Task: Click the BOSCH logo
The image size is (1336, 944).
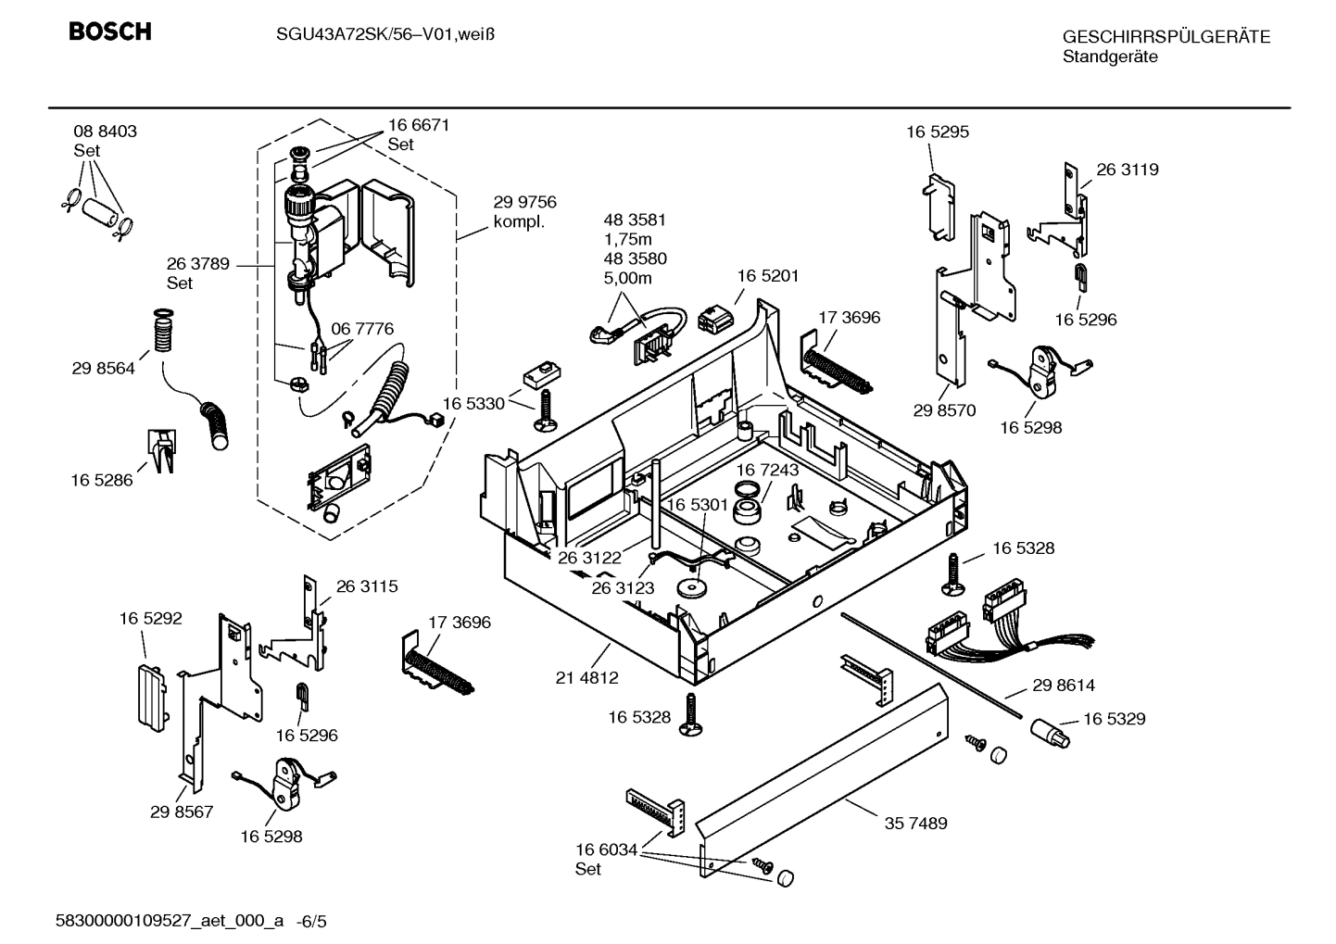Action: point(109,32)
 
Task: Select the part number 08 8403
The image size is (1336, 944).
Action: point(105,132)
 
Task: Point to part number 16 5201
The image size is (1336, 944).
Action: point(767,276)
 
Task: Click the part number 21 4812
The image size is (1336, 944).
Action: point(586,678)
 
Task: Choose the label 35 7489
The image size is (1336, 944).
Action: point(915,823)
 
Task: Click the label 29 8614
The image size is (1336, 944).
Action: point(1063,686)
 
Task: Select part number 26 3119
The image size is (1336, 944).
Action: point(1128,170)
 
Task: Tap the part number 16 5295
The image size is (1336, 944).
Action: point(938,132)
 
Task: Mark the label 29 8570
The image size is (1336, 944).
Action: point(944,410)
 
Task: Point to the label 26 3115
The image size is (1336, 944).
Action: point(367,586)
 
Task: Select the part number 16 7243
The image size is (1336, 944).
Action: point(767,471)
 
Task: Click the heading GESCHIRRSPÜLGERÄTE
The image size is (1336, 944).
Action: point(1166,37)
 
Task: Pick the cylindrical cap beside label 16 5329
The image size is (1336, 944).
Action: point(1050,734)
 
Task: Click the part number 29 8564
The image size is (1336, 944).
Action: point(103,368)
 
